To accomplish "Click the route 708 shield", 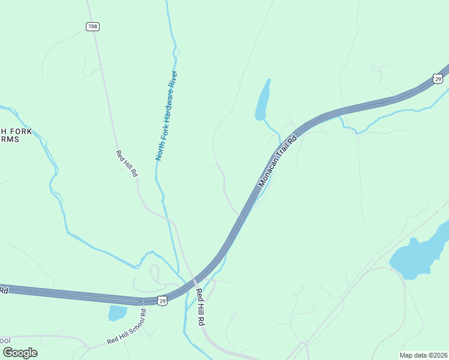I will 92,26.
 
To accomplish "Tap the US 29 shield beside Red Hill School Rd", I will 162,301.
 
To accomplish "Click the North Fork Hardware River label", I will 167,116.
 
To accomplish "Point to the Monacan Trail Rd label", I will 277,161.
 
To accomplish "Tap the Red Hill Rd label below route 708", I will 127,163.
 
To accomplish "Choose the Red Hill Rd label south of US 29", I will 200,307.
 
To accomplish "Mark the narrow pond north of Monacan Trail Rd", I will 263,100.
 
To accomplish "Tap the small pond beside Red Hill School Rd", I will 117,313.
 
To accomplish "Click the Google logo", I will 20,352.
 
